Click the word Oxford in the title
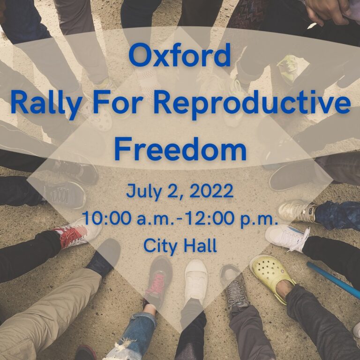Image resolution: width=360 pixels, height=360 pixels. (x=180, y=55)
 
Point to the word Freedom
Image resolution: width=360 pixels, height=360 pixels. (x=180, y=150)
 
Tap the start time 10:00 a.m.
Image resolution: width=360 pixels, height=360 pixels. (x=123, y=218)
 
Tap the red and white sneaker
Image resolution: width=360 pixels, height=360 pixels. (x=75, y=231)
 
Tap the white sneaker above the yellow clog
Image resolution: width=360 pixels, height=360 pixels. (x=287, y=237)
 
